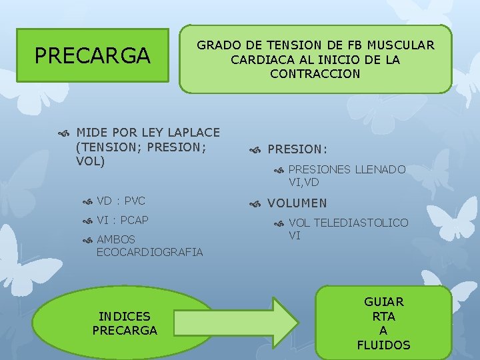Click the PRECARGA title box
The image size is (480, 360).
click(x=92, y=55)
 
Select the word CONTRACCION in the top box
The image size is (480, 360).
click(x=315, y=74)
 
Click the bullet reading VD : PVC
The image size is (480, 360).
click(x=121, y=201)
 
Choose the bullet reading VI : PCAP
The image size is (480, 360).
click(x=123, y=220)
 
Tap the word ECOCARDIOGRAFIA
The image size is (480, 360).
click(x=149, y=252)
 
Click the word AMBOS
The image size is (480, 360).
click(x=116, y=239)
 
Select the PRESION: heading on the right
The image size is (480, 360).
click(x=297, y=150)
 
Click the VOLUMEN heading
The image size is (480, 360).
click(x=297, y=203)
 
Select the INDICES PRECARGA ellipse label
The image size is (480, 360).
click(x=125, y=323)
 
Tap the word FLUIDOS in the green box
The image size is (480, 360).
click(x=383, y=345)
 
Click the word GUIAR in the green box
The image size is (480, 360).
click(x=383, y=302)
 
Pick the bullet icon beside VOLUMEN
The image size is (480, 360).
click(x=255, y=204)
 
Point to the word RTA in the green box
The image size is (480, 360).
click(x=383, y=317)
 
